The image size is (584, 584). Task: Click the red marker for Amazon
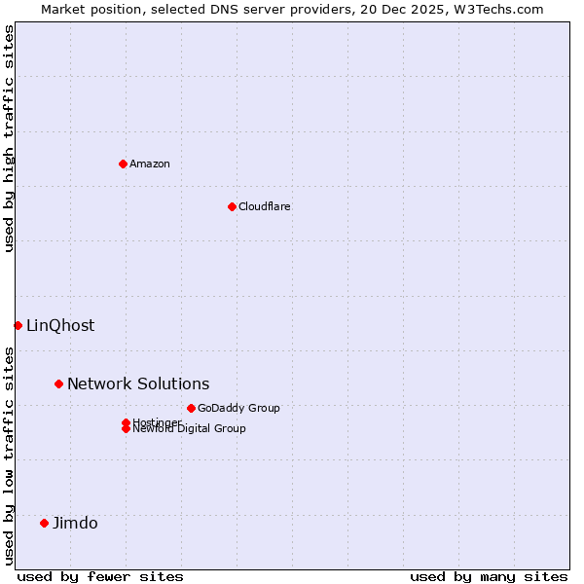pyautogui.click(x=123, y=164)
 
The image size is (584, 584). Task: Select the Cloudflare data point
pyautogui.click(x=232, y=206)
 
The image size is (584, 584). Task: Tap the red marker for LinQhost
pyautogui.click(x=18, y=325)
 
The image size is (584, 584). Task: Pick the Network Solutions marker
pyautogui.click(x=58, y=383)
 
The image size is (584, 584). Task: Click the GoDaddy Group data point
pyautogui.click(x=191, y=408)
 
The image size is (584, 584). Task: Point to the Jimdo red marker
pyautogui.click(x=44, y=523)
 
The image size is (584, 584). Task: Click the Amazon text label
pyautogui.click(x=150, y=164)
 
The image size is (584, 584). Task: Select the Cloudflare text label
pyautogui.click(x=265, y=206)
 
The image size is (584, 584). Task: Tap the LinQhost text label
pyautogui.click(x=60, y=326)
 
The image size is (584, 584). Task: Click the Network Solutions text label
pyautogui.click(x=138, y=384)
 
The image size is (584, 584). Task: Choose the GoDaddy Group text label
pyautogui.click(x=238, y=408)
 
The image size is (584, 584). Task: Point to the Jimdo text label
pyautogui.click(x=75, y=524)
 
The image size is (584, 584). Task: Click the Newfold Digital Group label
pyautogui.click(x=190, y=429)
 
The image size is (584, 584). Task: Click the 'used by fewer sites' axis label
pyautogui.click(x=100, y=576)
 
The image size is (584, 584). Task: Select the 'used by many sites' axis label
pyautogui.click(x=489, y=576)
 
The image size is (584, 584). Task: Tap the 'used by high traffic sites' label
pyautogui.click(x=10, y=138)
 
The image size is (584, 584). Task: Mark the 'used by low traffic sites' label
pyautogui.click(x=10, y=455)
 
